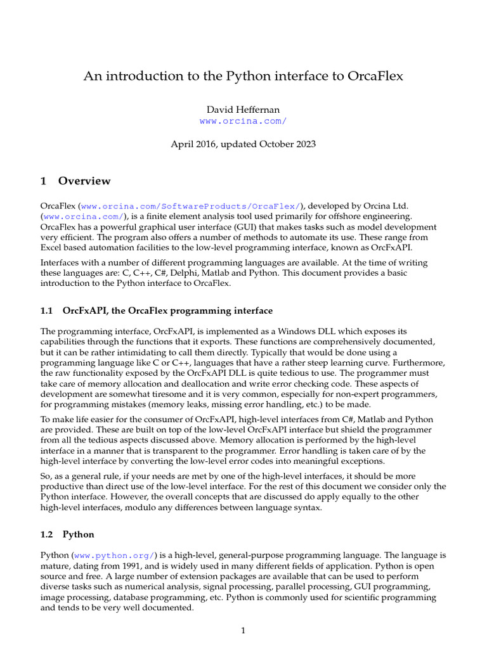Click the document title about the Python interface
click(243, 77)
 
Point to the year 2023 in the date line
click(303, 144)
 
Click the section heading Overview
click(84, 181)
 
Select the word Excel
click(53, 248)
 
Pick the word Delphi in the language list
click(181, 273)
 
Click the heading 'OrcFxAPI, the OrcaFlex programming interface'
click(167, 311)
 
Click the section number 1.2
click(47, 535)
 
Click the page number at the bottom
click(243, 630)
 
